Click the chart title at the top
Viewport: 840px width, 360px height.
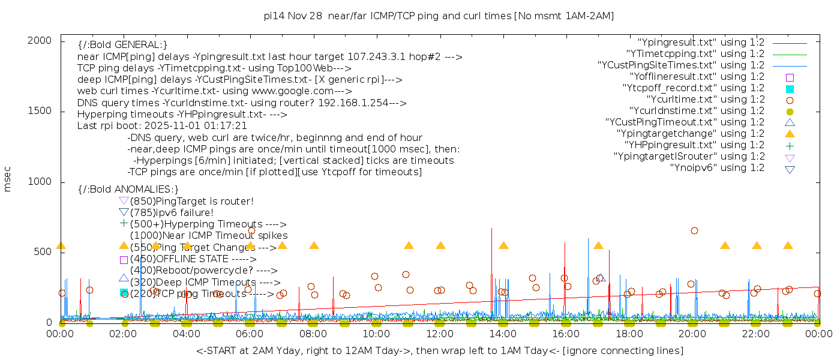439,16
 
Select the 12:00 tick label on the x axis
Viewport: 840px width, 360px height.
440,334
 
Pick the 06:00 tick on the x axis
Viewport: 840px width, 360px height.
250,334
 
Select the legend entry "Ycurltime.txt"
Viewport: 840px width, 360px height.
705,99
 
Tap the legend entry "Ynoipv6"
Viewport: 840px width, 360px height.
717,167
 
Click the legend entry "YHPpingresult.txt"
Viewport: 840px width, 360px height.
694,145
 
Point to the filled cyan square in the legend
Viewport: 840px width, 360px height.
790,88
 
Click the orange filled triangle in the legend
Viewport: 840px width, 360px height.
790,133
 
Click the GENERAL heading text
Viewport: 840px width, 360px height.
122,45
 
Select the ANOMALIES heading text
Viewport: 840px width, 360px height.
128,190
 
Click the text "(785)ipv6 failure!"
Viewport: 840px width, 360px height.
172,212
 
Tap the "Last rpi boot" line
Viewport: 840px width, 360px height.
162,126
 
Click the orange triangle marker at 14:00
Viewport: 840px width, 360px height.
503,245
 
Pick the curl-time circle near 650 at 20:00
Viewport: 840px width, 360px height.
694,230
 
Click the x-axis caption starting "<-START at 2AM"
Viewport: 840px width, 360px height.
439,350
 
